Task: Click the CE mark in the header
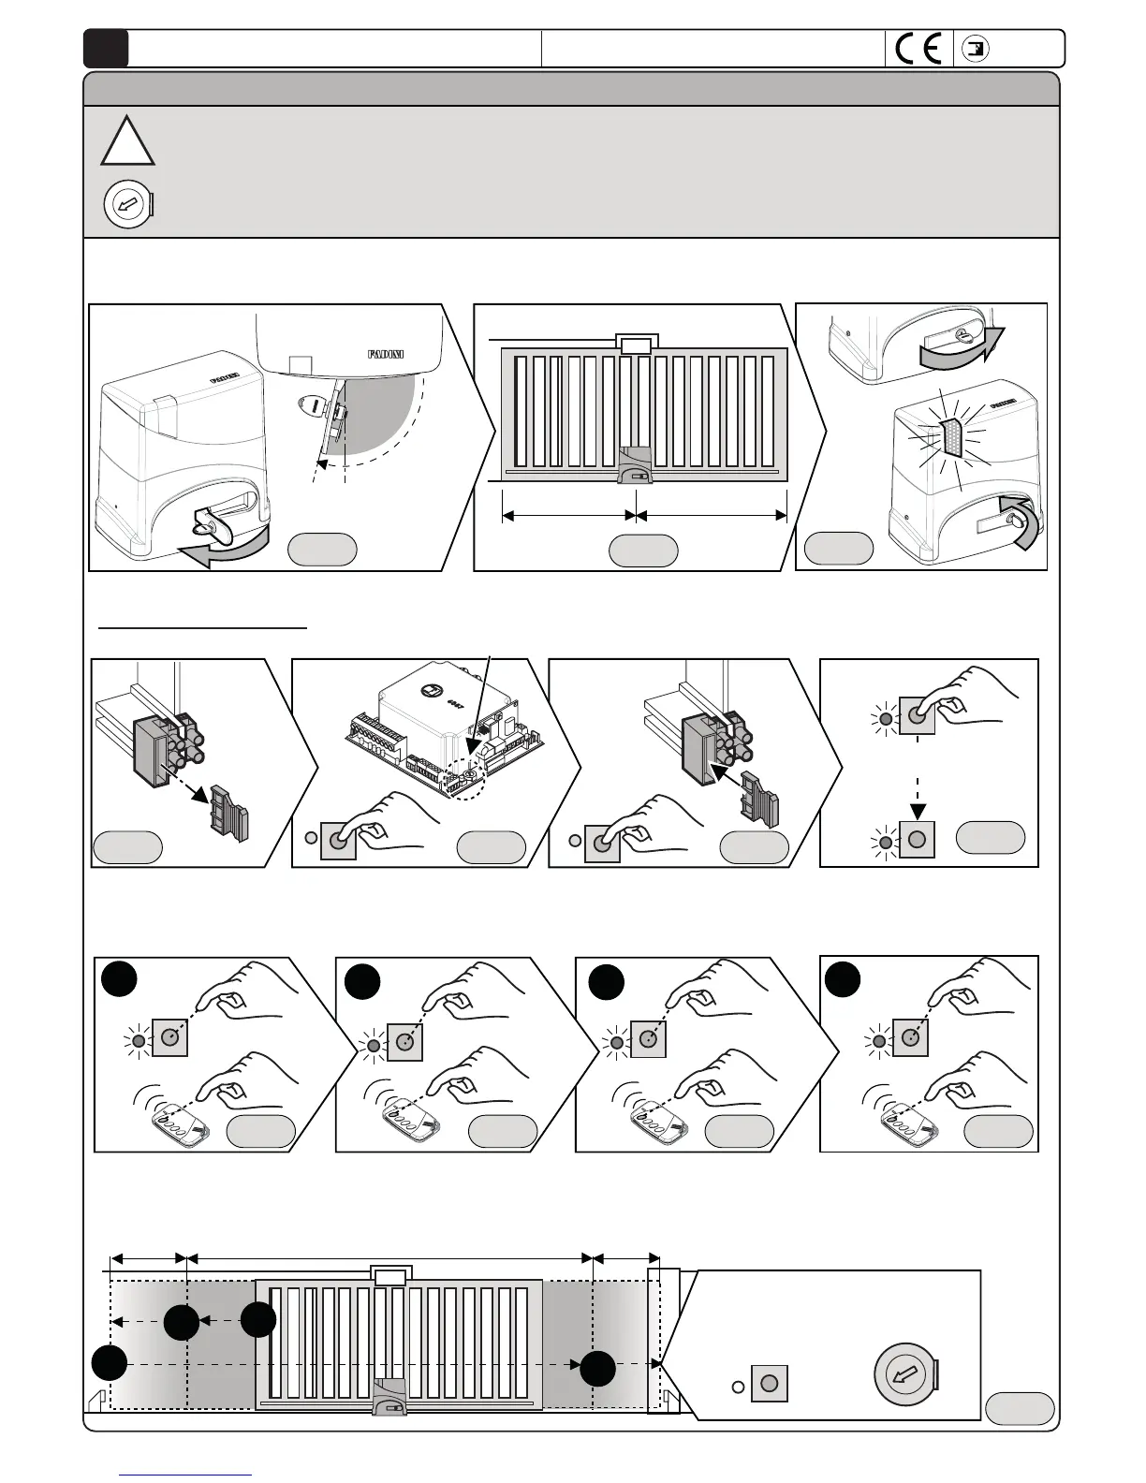tap(918, 49)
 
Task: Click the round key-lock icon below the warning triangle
tap(126, 204)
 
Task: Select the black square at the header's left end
tap(105, 49)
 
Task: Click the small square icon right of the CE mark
tap(977, 49)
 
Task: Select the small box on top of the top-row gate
tap(637, 345)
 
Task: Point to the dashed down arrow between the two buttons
tap(918, 791)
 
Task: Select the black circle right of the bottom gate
tap(597, 1368)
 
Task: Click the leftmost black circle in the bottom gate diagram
tap(110, 1362)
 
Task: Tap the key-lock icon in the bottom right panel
tap(905, 1374)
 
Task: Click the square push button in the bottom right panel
tap(769, 1383)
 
